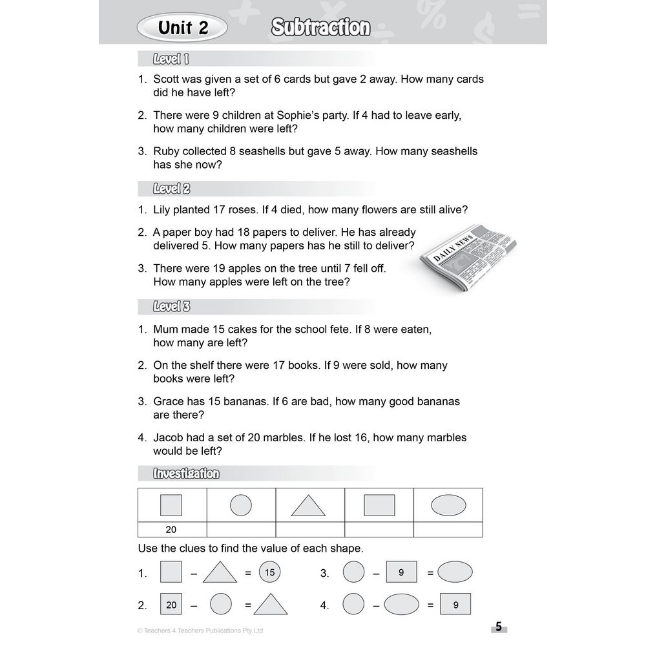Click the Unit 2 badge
(183, 28)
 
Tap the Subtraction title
(320, 28)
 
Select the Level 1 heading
(171, 59)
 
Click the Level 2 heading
(171, 189)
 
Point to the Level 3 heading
(171, 307)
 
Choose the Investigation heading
(186, 474)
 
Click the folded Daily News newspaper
(467, 258)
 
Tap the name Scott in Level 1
(167, 79)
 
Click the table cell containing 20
(171, 530)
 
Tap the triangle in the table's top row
(308, 505)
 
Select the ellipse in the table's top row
(448, 505)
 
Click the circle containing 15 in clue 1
(270, 572)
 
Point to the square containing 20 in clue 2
(171, 605)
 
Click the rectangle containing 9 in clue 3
(401, 572)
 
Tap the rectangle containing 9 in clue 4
(455, 605)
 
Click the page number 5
(498, 627)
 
